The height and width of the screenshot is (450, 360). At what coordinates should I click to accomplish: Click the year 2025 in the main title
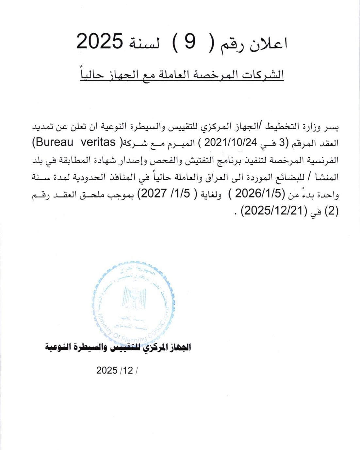(100, 41)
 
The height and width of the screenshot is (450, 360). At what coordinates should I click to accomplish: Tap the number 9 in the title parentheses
(189, 42)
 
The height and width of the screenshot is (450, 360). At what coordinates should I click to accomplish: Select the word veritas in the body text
(98, 142)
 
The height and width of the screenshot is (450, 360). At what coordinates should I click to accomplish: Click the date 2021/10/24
(231, 142)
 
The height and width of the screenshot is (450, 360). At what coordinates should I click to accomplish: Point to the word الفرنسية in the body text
(323, 160)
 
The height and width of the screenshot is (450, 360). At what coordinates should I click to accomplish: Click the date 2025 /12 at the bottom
(116, 370)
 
